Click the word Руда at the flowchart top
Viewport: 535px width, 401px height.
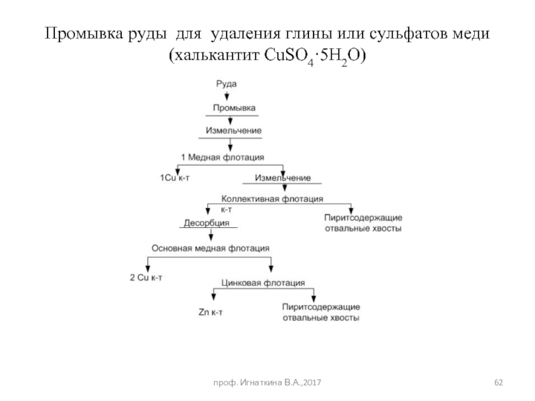pyautogui.click(x=227, y=84)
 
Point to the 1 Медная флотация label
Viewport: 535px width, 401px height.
pyautogui.click(x=223, y=156)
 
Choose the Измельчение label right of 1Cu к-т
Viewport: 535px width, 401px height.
pyautogui.click(x=282, y=178)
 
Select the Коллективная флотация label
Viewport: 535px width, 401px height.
pyautogui.click(x=272, y=199)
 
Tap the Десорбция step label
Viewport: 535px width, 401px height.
pyautogui.click(x=207, y=223)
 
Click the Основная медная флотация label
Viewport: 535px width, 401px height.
pyautogui.click(x=211, y=247)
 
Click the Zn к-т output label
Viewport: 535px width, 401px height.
pyautogui.click(x=212, y=311)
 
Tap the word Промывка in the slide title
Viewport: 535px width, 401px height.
pyautogui.click(x=85, y=34)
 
